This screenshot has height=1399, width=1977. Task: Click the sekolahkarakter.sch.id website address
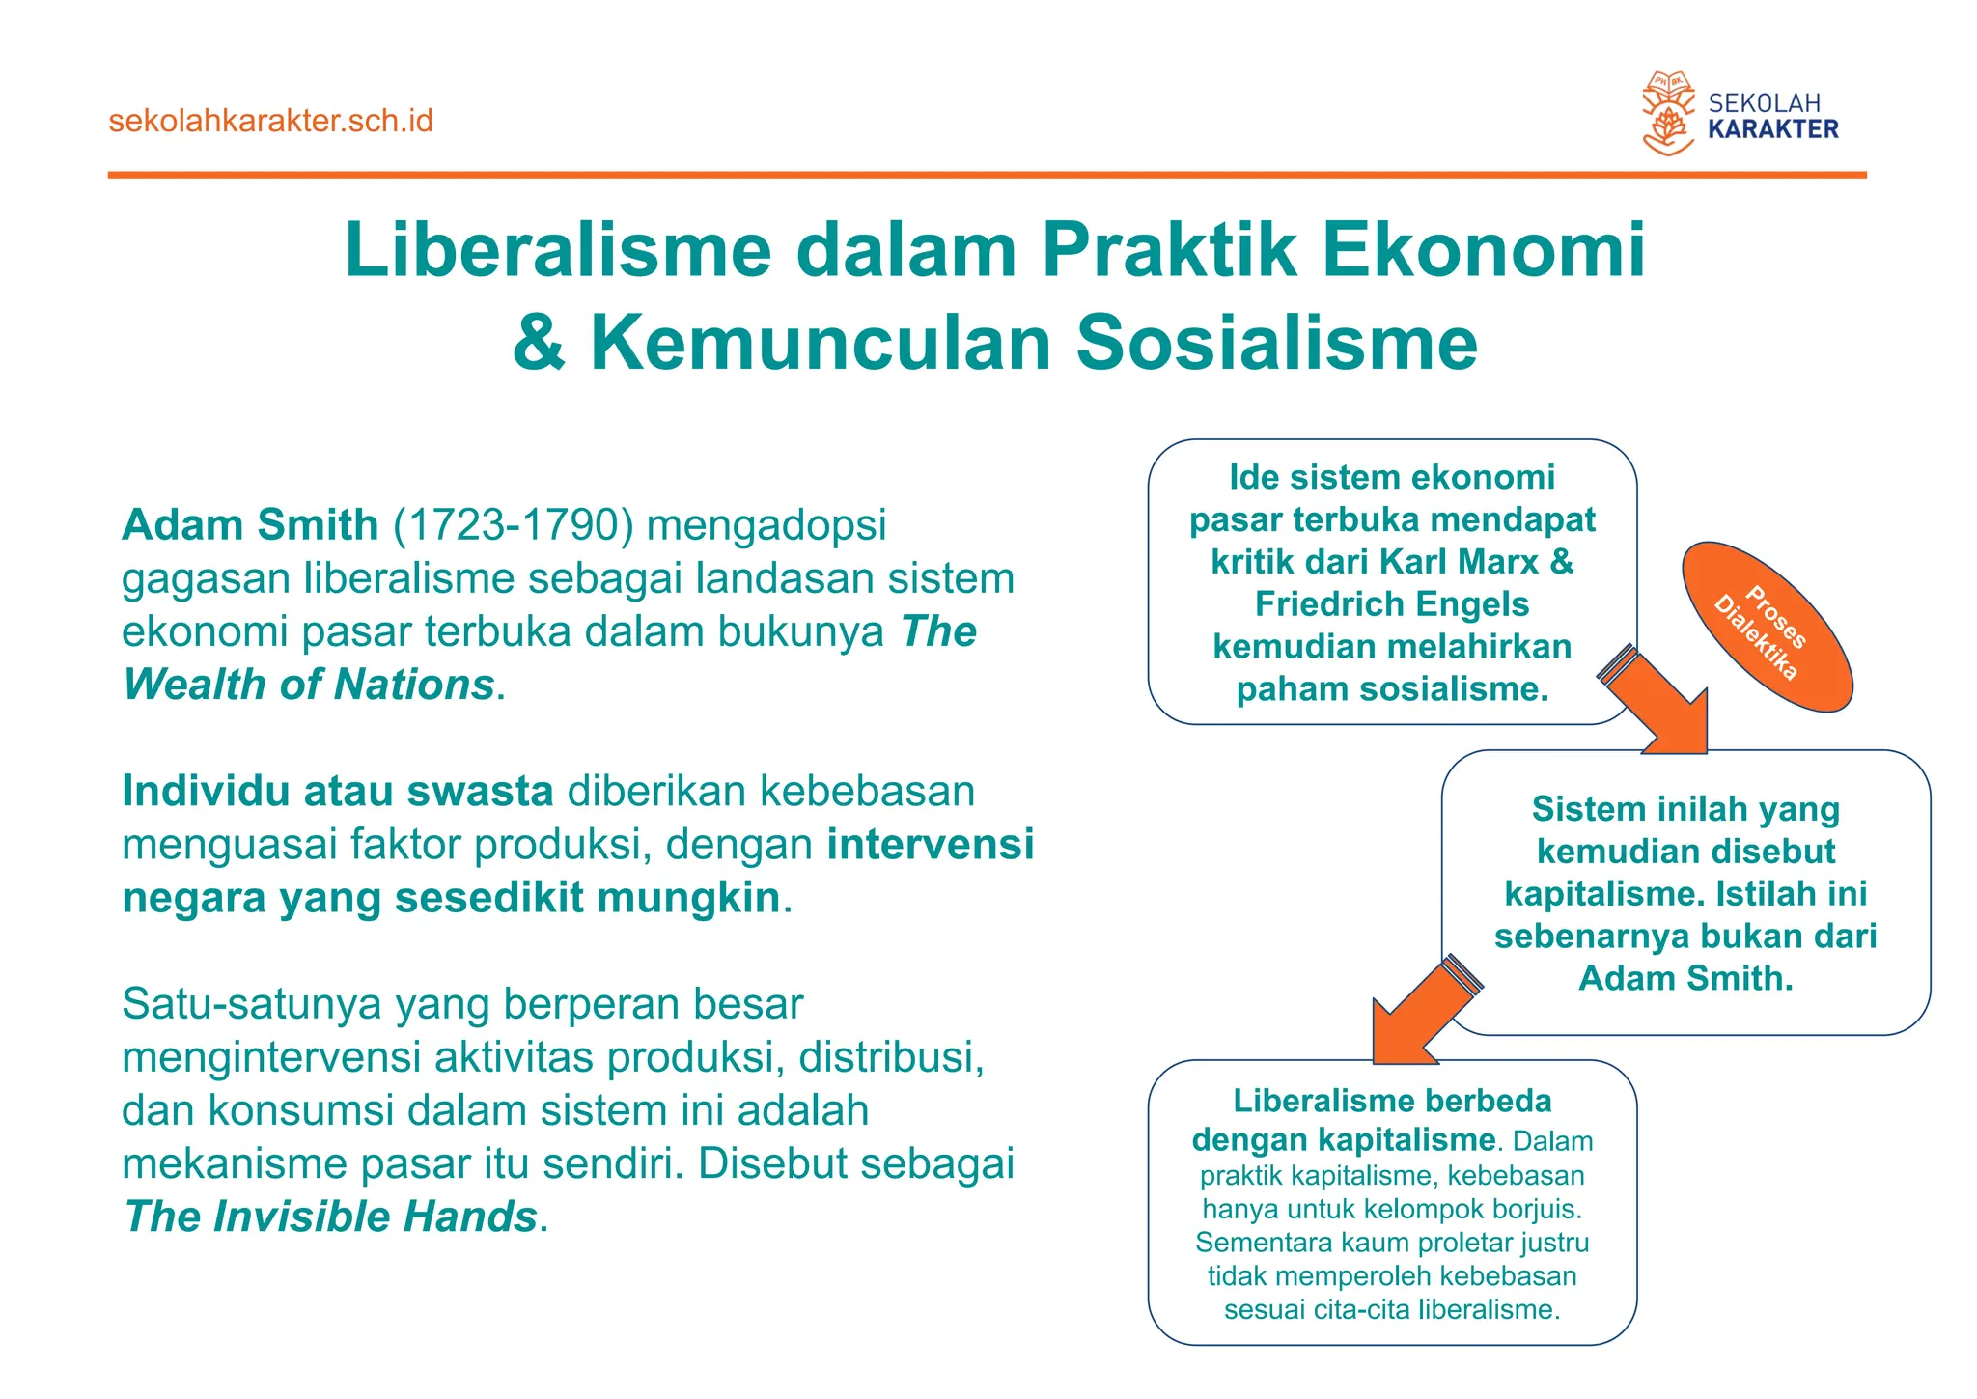tap(270, 122)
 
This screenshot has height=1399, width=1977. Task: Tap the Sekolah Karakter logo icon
tap(1668, 114)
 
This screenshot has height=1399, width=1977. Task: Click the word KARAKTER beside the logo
tap(1772, 129)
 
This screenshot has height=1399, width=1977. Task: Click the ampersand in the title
tap(539, 343)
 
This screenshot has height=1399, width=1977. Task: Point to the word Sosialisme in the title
tap(1276, 343)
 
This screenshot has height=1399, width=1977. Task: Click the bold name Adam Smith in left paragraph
tap(250, 525)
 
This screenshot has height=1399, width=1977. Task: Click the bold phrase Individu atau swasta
tap(337, 792)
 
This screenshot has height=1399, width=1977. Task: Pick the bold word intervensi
tap(931, 844)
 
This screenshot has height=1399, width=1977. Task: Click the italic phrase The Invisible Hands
tap(330, 1217)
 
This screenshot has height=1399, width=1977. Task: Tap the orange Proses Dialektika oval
tap(1766, 628)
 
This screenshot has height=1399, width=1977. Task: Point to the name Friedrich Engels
tap(1391, 604)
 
